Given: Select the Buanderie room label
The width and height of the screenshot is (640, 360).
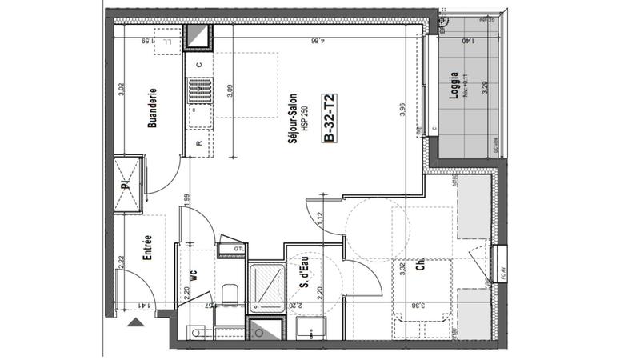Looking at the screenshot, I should (x=151, y=109).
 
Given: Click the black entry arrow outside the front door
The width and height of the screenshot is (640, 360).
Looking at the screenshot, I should (x=136, y=322).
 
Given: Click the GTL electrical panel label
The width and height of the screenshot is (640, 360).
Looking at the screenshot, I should (x=238, y=249).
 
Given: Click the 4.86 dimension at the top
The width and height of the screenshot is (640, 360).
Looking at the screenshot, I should (x=318, y=40).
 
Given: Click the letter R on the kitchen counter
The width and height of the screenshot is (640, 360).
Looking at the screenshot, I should (x=198, y=143).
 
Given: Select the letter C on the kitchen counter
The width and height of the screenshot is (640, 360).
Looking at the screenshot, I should (x=198, y=64).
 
